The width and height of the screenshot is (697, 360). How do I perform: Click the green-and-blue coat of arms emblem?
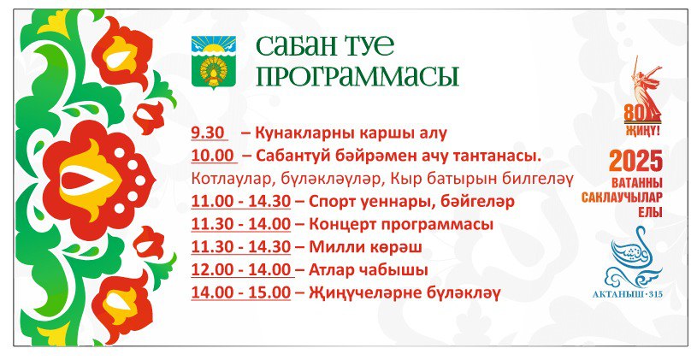pyautogui.click(x=214, y=62)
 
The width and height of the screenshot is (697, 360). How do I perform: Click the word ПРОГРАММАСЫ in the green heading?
pyautogui.click(x=357, y=76)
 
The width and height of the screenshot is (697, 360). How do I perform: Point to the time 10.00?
pyautogui.click(x=213, y=156)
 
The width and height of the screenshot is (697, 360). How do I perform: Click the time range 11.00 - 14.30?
pyautogui.click(x=241, y=201)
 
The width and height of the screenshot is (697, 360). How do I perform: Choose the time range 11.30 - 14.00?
pyautogui.click(x=241, y=223)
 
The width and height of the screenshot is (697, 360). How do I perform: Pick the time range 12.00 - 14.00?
pyautogui.click(x=241, y=269)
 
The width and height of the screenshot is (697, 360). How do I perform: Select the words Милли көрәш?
pyautogui.click(x=365, y=246)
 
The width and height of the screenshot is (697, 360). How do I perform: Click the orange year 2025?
pyautogui.click(x=635, y=162)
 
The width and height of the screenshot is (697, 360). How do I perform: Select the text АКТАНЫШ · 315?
pyautogui.click(x=628, y=294)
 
